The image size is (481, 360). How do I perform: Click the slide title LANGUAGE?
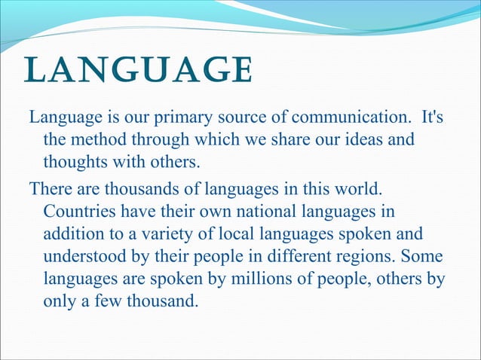(x=138, y=72)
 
